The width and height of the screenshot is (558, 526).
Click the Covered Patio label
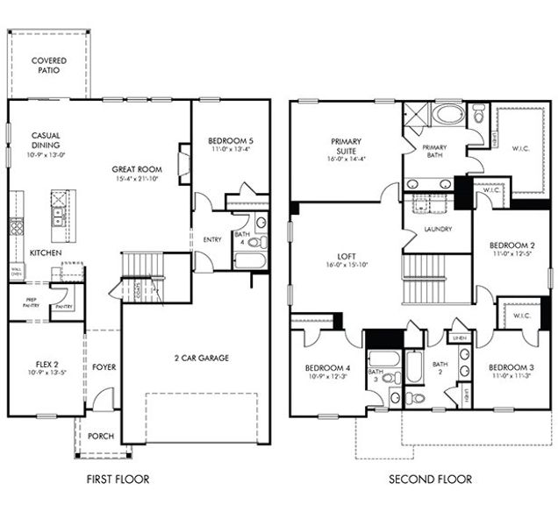(x=49, y=65)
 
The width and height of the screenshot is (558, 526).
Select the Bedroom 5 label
(x=230, y=140)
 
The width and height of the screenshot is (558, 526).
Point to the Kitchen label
(x=45, y=252)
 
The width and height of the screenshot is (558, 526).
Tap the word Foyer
(x=104, y=367)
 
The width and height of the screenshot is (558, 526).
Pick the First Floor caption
(x=118, y=480)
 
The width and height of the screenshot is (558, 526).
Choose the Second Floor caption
(x=430, y=480)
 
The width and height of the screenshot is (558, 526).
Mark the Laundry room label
(x=436, y=229)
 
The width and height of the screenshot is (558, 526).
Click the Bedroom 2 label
(x=511, y=245)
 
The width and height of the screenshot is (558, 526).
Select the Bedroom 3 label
(x=511, y=366)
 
